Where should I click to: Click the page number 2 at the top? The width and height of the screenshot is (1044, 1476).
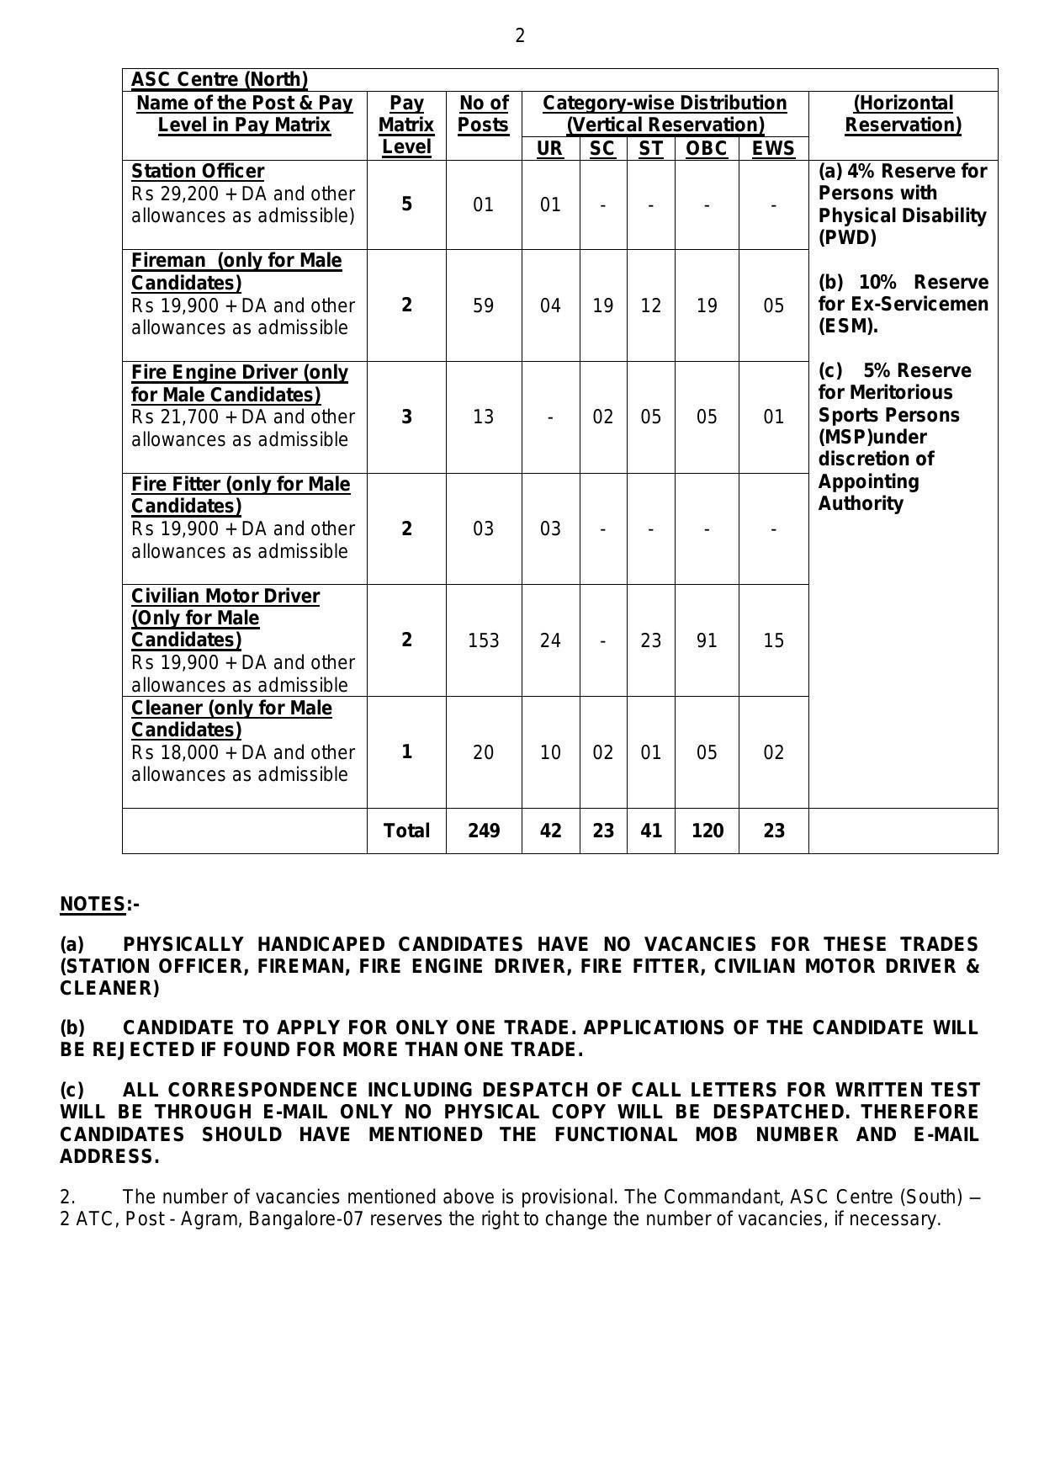(x=520, y=36)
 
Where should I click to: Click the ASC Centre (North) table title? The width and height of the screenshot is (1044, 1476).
(x=220, y=80)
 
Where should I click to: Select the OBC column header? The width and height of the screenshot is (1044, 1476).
(x=707, y=149)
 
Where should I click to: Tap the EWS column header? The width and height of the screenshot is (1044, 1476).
(x=773, y=149)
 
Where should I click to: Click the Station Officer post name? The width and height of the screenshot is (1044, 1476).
(x=198, y=172)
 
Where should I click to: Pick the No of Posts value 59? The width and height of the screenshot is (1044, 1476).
(x=483, y=305)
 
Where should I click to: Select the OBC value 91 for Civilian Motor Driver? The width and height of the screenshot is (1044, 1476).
(x=707, y=641)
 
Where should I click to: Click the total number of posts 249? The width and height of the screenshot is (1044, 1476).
(x=483, y=831)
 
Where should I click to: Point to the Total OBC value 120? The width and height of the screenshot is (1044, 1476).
(x=707, y=831)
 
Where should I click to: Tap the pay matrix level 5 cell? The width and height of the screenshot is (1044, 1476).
(x=406, y=204)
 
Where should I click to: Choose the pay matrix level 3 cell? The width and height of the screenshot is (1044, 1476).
(x=406, y=417)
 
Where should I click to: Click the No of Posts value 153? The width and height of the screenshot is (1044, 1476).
(x=483, y=641)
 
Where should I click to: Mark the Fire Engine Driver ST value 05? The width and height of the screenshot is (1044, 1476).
(x=650, y=417)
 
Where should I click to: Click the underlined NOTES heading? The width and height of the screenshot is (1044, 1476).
(x=93, y=905)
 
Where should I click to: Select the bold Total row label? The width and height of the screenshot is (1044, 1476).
(x=406, y=831)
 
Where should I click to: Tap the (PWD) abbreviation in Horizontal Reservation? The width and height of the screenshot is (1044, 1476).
(x=847, y=238)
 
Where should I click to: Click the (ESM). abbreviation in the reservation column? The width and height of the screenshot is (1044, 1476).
(x=848, y=327)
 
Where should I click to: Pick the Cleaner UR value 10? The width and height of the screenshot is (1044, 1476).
(x=550, y=752)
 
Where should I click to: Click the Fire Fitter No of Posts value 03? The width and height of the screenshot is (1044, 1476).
(x=483, y=529)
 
